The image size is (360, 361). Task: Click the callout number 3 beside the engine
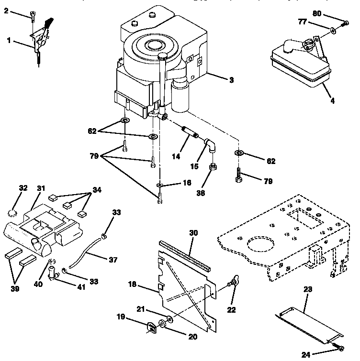click(231, 80)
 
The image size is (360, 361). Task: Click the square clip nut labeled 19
click(151, 328)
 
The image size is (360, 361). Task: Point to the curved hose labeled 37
click(86, 252)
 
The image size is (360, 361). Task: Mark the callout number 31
click(40, 189)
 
